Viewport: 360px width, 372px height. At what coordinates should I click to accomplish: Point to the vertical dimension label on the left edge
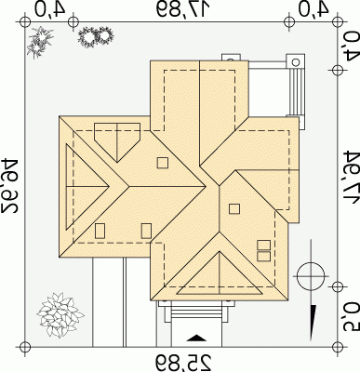click(x=9, y=185)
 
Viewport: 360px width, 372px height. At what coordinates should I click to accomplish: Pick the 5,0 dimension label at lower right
click(x=351, y=318)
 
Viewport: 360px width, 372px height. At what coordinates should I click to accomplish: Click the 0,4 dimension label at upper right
click(x=351, y=46)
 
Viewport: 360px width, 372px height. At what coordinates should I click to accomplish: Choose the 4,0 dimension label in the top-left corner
click(x=49, y=8)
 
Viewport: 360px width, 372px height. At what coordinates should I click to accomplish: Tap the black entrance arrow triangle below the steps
click(x=196, y=338)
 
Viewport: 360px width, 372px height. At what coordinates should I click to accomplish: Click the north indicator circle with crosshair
click(x=311, y=275)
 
